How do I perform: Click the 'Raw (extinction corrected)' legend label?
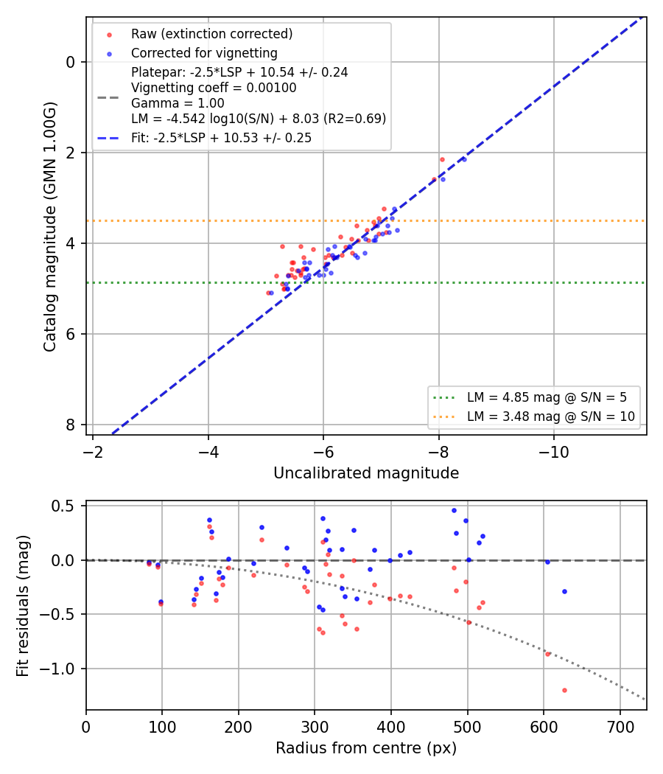click(211, 34)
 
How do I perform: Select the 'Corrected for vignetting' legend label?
click(204, 53)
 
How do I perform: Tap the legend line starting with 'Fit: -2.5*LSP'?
click(222, 138)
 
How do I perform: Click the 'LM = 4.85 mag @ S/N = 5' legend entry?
click(547, 397)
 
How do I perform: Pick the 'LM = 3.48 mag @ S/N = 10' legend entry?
click(550, 416)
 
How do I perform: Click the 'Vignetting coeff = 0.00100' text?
click(214, 88)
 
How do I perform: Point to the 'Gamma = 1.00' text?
click(178, 103)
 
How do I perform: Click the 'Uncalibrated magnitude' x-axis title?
click(366, 473)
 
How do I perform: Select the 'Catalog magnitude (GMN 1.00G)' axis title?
click(50, 226)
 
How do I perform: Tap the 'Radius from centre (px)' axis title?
click(366, 748)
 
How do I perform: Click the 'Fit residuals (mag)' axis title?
click(23, 606)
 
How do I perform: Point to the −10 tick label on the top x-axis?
click(553, 452)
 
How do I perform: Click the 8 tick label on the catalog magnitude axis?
click(71, 425)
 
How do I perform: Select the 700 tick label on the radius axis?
click(620, 727)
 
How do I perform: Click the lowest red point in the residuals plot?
click(564, 690)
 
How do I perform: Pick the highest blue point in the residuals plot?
click(455, 510)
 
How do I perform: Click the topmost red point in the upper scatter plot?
click(442, 159)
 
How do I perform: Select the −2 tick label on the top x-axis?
click(93, 452)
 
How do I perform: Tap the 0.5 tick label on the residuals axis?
click(62, 506)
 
